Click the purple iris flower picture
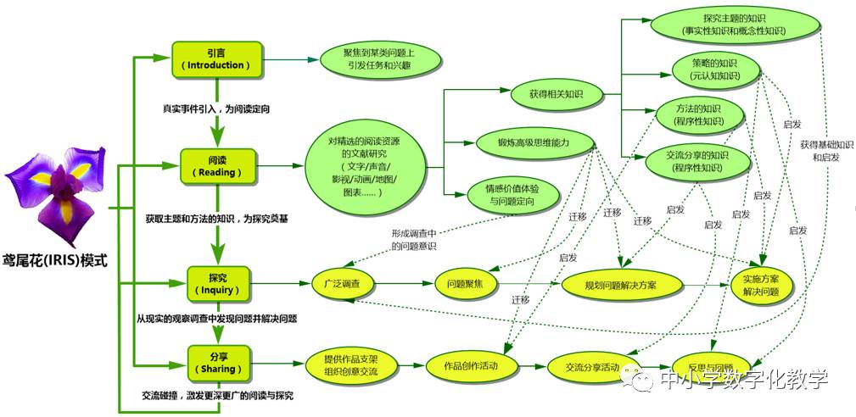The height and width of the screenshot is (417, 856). [58, 192]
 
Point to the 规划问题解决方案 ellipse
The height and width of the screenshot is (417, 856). [621, 283]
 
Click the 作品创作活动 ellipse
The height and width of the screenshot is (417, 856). [471, 365]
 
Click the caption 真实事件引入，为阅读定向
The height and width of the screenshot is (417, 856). [216, 109]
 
